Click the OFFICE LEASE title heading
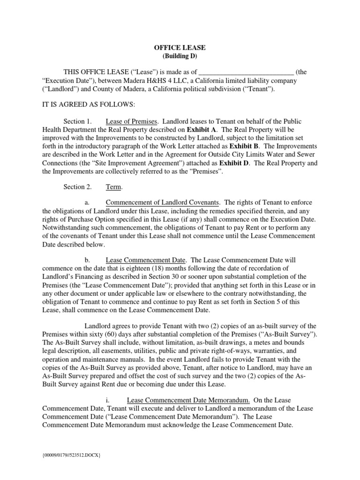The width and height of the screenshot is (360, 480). click(x=180, y=48)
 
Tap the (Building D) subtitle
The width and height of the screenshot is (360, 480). click(x=180, y=56)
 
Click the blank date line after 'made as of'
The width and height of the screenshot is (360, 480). click(x=247, y=72)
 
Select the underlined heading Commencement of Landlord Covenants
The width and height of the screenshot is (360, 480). click(x=162, y=203)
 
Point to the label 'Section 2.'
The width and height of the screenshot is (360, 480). click(x=77, y=187)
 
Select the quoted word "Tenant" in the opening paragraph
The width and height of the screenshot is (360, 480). click(x=262, y=89)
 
